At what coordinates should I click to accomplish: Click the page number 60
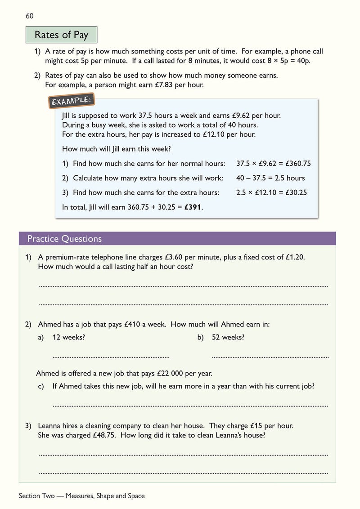(x=30, y=16)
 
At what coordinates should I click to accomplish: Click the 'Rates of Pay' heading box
(x=61, y=35)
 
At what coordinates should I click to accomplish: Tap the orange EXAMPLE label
(x=71, y=101)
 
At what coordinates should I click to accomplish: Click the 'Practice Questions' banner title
(x=65, y=239)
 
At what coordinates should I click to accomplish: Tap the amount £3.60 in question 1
(x=176, y=257)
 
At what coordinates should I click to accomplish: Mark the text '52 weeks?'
(x=228, y=337)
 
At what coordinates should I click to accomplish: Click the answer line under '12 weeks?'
(x=111, y=357)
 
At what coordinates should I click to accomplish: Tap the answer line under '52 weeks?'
(x=270, y=357)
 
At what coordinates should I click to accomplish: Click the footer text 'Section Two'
(x=36, y=496)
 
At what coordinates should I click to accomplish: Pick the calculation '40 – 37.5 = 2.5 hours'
(x=270, y=178)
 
